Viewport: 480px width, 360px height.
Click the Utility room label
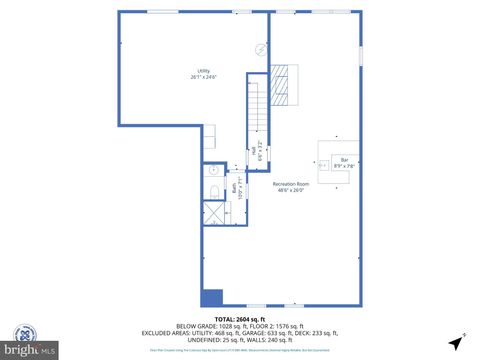[203, 74]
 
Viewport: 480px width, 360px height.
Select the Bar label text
[344, 161]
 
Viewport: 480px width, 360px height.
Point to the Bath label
[236, 186]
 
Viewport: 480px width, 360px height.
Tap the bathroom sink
[213, 171]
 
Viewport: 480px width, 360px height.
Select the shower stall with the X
[215, 213]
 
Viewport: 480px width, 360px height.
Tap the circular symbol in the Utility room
[261, 48]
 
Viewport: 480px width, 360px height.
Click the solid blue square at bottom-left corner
[211, 297]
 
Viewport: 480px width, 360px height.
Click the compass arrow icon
[457, 341]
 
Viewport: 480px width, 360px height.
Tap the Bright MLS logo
[28, 342]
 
